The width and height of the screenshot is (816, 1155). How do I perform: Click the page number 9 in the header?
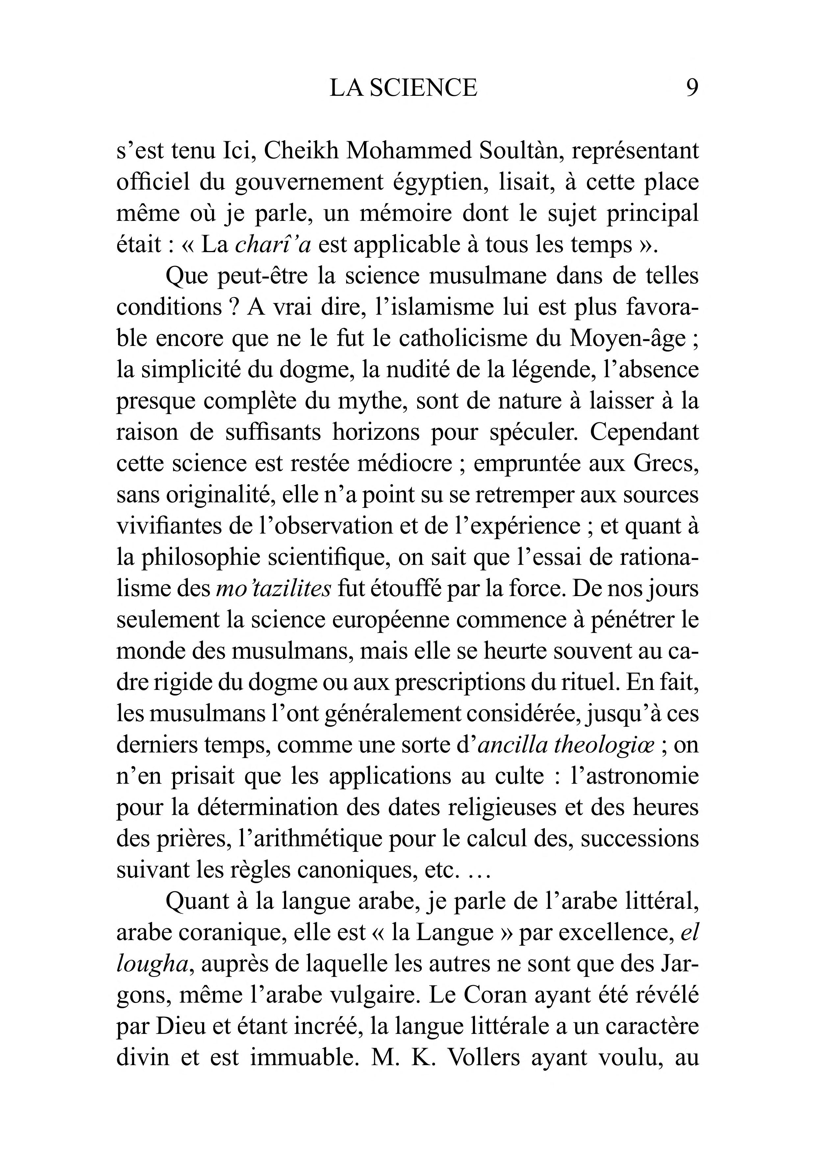click(692, 89)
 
